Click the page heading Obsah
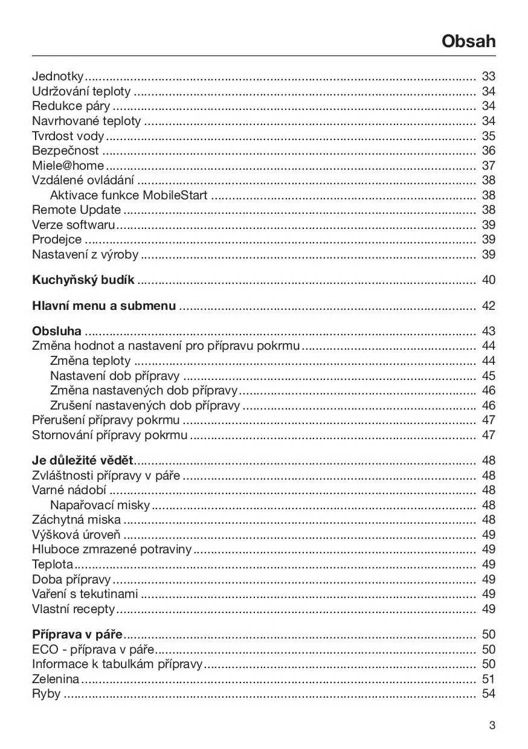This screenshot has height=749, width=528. tap(468, 41)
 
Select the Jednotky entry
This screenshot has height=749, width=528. tap(58, 76)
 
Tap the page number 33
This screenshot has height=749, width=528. tap(488, 76)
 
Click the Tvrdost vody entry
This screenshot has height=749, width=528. tap(68, 136)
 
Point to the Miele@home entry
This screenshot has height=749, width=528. tap(68, 166)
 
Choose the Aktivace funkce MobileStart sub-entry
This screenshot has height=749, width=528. tap(129, 195)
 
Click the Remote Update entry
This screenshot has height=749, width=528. tap(76, 210)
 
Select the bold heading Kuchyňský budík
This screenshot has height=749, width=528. tap(83, 280)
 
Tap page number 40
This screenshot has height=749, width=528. tap(488, 280)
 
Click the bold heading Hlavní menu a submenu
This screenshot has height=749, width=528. tap(104, 306)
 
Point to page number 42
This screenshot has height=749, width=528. tap(488, 306)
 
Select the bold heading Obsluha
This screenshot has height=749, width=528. tap(57, 332)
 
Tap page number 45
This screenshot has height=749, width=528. tap(488, 376)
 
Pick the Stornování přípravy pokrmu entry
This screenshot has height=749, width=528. tap(109, 435)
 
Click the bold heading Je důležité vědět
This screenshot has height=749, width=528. tap(82, 461)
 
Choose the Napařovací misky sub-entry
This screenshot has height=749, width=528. tap(100, 505)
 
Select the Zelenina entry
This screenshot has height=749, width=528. tap(55, 679)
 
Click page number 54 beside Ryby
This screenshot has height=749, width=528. tap(488, 693)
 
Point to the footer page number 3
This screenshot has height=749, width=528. tap(492, 725)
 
